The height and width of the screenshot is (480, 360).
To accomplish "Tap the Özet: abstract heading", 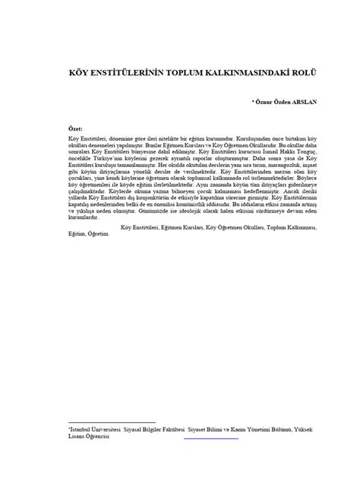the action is point(77,130).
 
